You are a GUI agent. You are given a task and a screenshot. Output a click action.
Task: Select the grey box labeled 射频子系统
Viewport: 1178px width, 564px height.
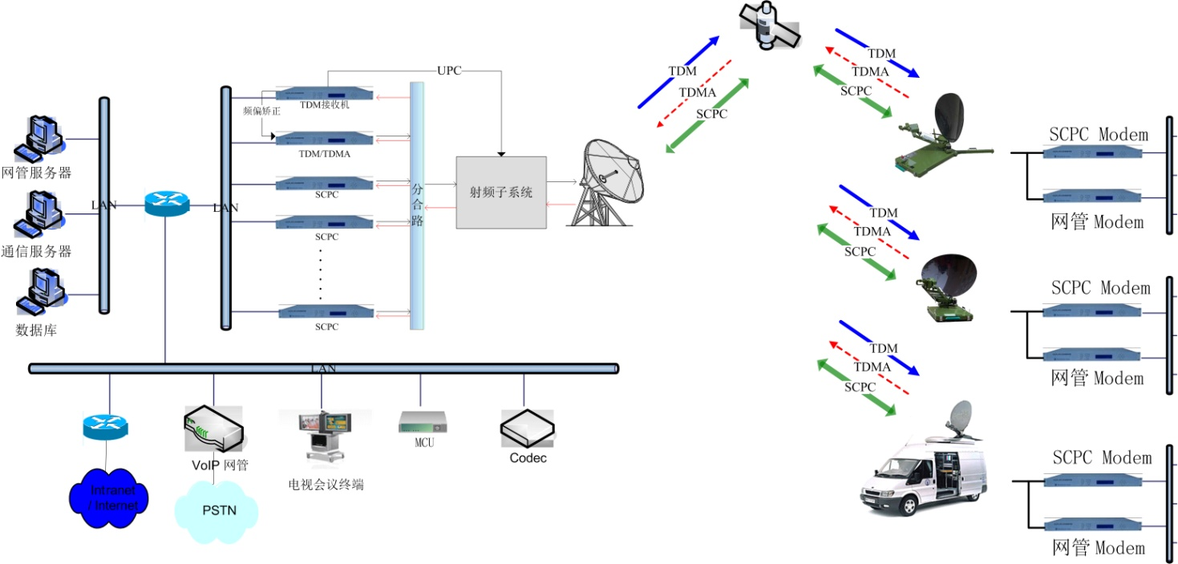pyautogui.click(x=501, y=193)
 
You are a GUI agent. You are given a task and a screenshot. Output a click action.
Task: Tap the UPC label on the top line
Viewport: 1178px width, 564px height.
pyautogui.click(x=449, y=71)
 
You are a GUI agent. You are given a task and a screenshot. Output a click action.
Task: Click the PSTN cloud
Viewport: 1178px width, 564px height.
pyautogui.click(x=217, y=510)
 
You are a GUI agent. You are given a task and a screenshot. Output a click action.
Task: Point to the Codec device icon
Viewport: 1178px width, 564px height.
pyautogui.click(x=527, y=429)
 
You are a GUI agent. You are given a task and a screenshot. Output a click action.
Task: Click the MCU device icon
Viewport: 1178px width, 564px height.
pyautogui.click(x=423, y=422)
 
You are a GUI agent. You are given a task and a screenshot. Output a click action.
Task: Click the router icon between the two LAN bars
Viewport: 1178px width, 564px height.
pyautogui.click(x=167, y=204)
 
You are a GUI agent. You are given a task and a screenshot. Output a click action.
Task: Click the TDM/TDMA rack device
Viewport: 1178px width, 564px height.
pyautogui.click(x=324, y=139)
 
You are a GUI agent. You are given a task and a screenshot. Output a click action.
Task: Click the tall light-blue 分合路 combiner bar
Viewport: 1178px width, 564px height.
pyautogui.click(x=417, y=205)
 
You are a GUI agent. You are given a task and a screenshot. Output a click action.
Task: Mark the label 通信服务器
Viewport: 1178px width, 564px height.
pyautogui.click(x=36, y=251)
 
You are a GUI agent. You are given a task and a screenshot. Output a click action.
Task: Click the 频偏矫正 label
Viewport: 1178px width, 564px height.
pyautogui.click(x=261, y=112)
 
